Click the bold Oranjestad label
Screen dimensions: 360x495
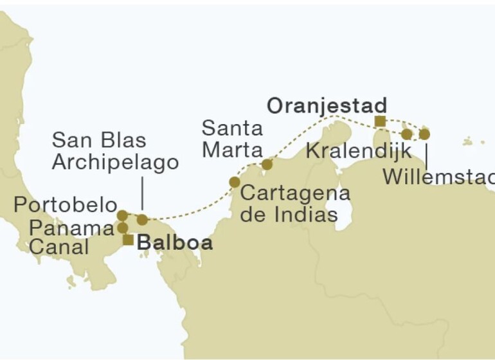pyautogui.click(x=327, y=105)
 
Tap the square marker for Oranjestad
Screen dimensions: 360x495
pyautogui.click(x=380, y=121)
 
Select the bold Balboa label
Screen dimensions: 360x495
pyautogui.click(x=175, y=242)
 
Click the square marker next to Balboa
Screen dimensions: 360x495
pyautogui.click(x=129, y=240)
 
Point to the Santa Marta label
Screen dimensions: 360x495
pyautogui.click(x=232, y=139)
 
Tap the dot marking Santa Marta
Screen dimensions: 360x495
pyautogui.click(x=267, y=165)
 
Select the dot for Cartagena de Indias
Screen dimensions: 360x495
pyautogui.click(x=234, y=183)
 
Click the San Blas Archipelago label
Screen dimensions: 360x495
pyautogui.click(x=115, y=151)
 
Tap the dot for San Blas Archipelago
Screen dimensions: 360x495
pyautogui.click(x=142, y=220)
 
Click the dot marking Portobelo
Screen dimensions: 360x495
pyautogui.click(x=122, y=215)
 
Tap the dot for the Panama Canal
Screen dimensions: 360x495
pyautogui.click(x=122, y=228)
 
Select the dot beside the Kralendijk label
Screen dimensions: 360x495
pyautogui.click(x=406, y=134)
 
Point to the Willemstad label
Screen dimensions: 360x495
pyautogui.click(x=438, y=176)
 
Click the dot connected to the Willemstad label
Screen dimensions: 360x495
pyautogui.click(x=424, y=134)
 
